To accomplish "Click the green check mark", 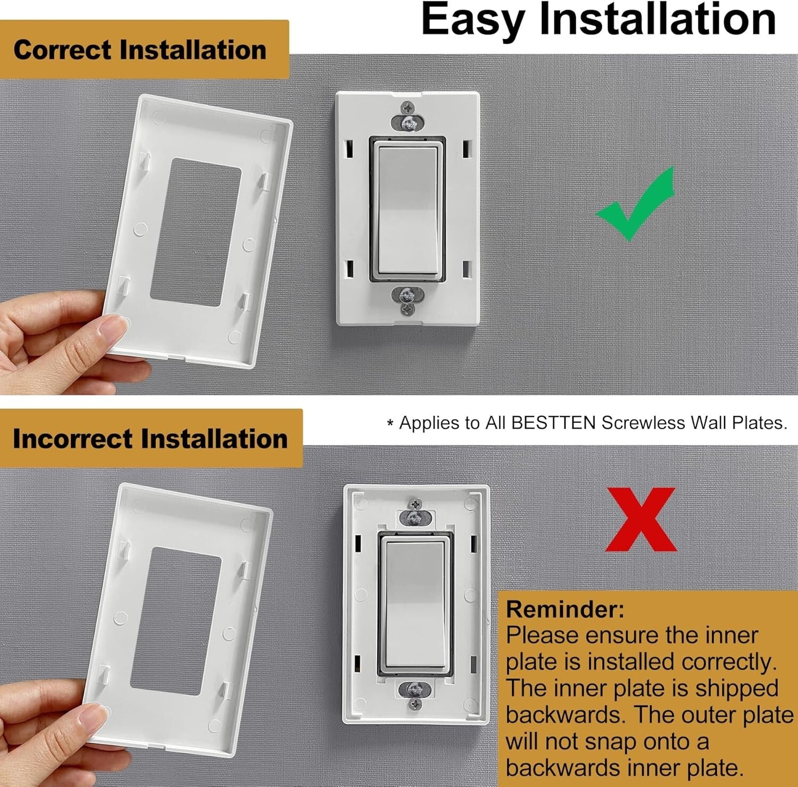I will pyautogui.click(x=634, y=208).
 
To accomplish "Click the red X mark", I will pyautogui.click(x=641, y=520).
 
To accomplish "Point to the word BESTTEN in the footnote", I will pyautogui.click(x=553, y=423).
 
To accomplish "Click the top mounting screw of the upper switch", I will pyautogui.click(x=408, y=108).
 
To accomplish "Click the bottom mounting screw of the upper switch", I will pyautogui.click(x=408, y=308).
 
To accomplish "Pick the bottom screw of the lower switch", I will pyautogui.click(x=415, y=704).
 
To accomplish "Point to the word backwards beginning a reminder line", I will pyautogui.click(x=564, y=715).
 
